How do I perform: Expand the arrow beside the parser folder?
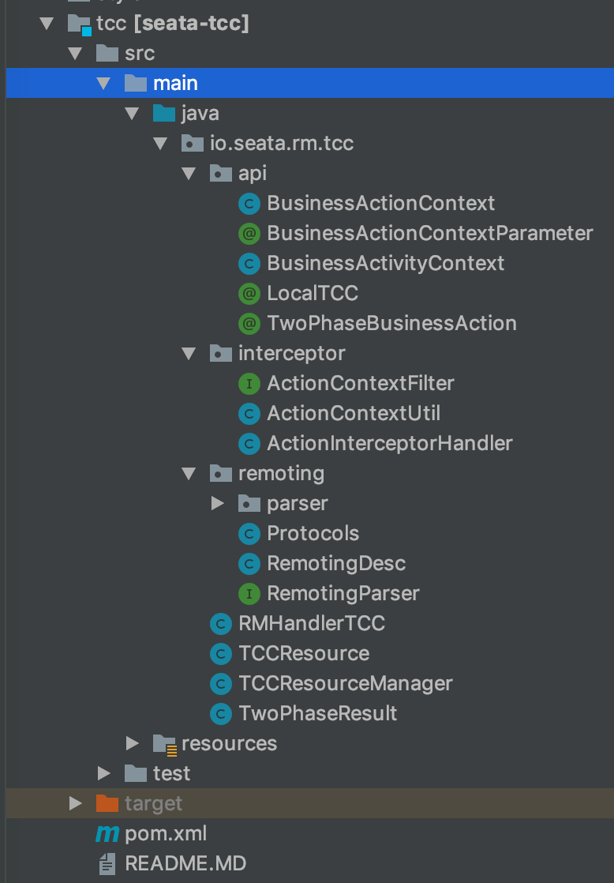point(217,503)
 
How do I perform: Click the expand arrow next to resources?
point(133,743)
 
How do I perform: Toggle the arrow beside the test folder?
point(104,773)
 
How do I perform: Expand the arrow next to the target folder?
point(76,803)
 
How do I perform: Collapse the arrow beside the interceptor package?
point(189,354)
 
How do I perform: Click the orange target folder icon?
point(107,803)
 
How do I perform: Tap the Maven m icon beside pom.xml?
point(107,833)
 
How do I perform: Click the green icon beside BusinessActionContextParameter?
point(249,234)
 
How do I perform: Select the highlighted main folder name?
point(175,84)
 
